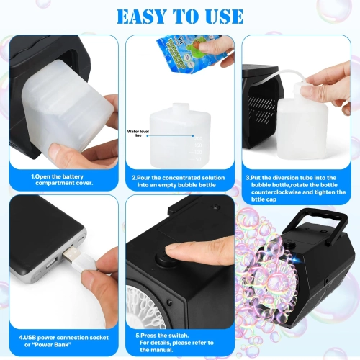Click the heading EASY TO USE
click(179, 16)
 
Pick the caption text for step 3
click(297, 184)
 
